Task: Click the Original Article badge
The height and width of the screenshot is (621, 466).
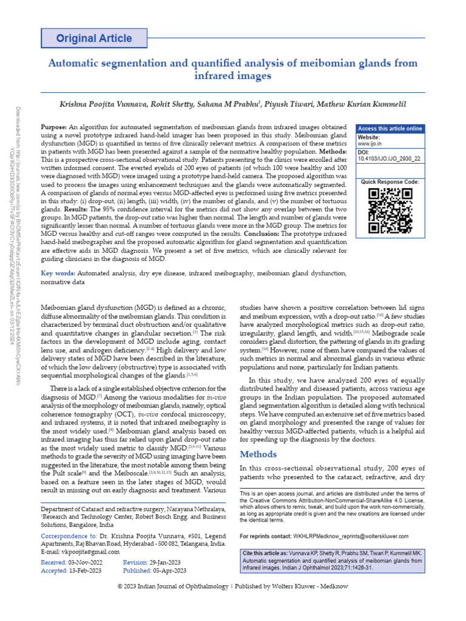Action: (94, 38)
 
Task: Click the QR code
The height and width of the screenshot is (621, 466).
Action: (390, 211)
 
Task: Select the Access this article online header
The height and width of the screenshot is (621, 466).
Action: (390, 129)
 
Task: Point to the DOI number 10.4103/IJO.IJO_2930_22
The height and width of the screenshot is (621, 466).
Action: (390, 159)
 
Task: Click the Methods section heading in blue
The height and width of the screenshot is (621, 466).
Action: (258, 454)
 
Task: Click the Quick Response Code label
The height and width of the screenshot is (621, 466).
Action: (390, 182)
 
